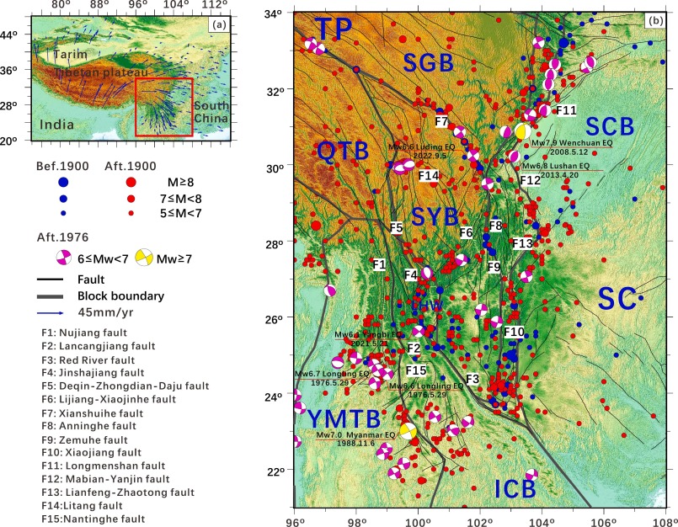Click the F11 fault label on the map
click(x=566, y=110)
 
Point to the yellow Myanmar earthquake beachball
click(x=408, y=431)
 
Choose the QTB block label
click(x=343, y=152)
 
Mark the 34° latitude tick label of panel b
click(x=278, y=14)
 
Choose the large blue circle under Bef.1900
click(x=63, y=181)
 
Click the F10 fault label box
click(x=515, y=333)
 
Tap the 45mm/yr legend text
click(x=102, y=313)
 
